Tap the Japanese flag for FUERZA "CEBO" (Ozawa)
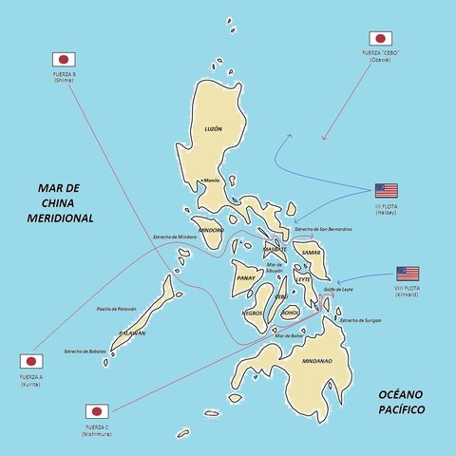(382, 39)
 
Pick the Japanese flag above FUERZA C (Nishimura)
(97, 411)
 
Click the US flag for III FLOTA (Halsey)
(386, 190)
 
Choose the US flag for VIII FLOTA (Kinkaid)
(408, 274)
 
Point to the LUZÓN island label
(213, 128)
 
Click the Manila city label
(212, 180)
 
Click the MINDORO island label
(213, 230)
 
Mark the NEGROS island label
(253, 313)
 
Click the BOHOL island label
(290, 312)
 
